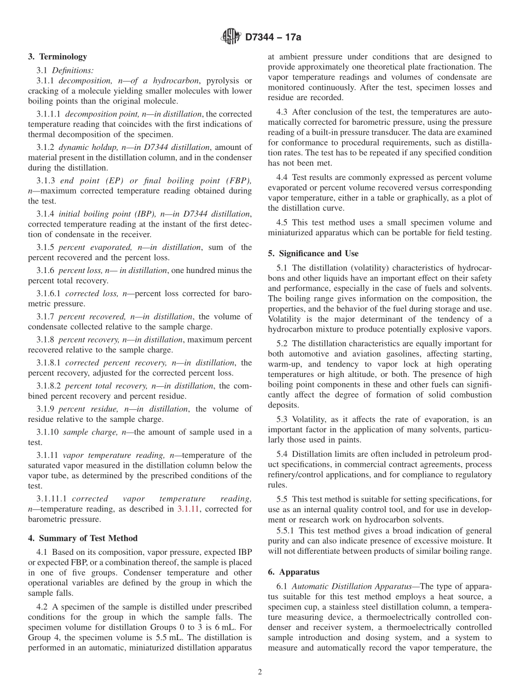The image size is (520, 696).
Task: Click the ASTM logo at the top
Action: [230, 37]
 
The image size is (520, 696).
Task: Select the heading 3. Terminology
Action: [57, 56]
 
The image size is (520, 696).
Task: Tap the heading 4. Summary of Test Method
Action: [83, 538]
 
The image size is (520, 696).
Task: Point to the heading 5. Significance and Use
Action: [313, 253]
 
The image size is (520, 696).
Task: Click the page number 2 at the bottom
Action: [260, 672]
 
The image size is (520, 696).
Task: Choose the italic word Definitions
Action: [73, 70]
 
